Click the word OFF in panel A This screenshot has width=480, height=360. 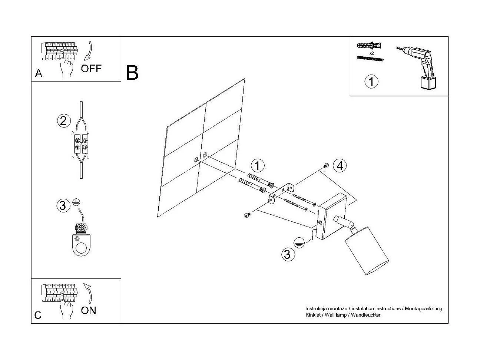click(x=91, y=68)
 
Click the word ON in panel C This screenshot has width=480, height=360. click(x=88, y=310)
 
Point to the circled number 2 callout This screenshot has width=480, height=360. click(x=63, y=120)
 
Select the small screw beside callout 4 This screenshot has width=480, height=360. click(x=326, y=165)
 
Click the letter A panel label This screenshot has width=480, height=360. click(x=39, y=73)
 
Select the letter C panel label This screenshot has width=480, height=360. click(x=38, y=316)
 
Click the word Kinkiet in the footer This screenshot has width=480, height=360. click(x=312, y=315)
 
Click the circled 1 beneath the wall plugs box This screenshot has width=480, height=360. click(x=371, y=81)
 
